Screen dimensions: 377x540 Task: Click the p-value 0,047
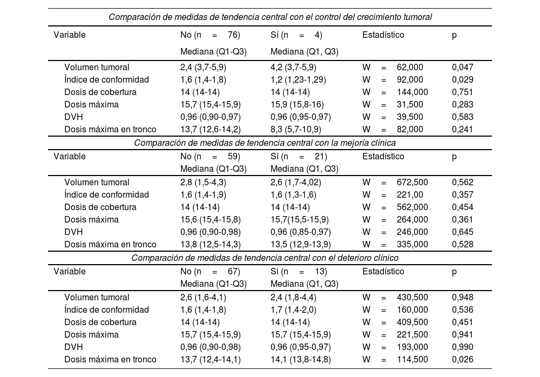462,68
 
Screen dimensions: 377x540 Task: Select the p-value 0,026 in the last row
462,360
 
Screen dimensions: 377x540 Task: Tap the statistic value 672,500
412,183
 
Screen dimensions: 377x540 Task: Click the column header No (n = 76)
210,35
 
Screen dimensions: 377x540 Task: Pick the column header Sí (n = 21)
299,157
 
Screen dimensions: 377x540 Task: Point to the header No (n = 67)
210,272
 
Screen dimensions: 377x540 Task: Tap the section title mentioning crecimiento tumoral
270,17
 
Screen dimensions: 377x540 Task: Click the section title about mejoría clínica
270,143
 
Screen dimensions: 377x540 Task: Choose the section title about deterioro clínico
270,258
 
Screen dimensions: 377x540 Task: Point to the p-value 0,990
462,347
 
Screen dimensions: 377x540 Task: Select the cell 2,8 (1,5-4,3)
203,183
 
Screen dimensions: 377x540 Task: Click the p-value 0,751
462,92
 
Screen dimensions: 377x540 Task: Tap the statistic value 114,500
412,360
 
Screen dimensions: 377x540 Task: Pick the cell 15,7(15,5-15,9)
300,220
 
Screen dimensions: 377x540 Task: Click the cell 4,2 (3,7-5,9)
293,68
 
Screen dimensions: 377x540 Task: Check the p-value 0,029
462,80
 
